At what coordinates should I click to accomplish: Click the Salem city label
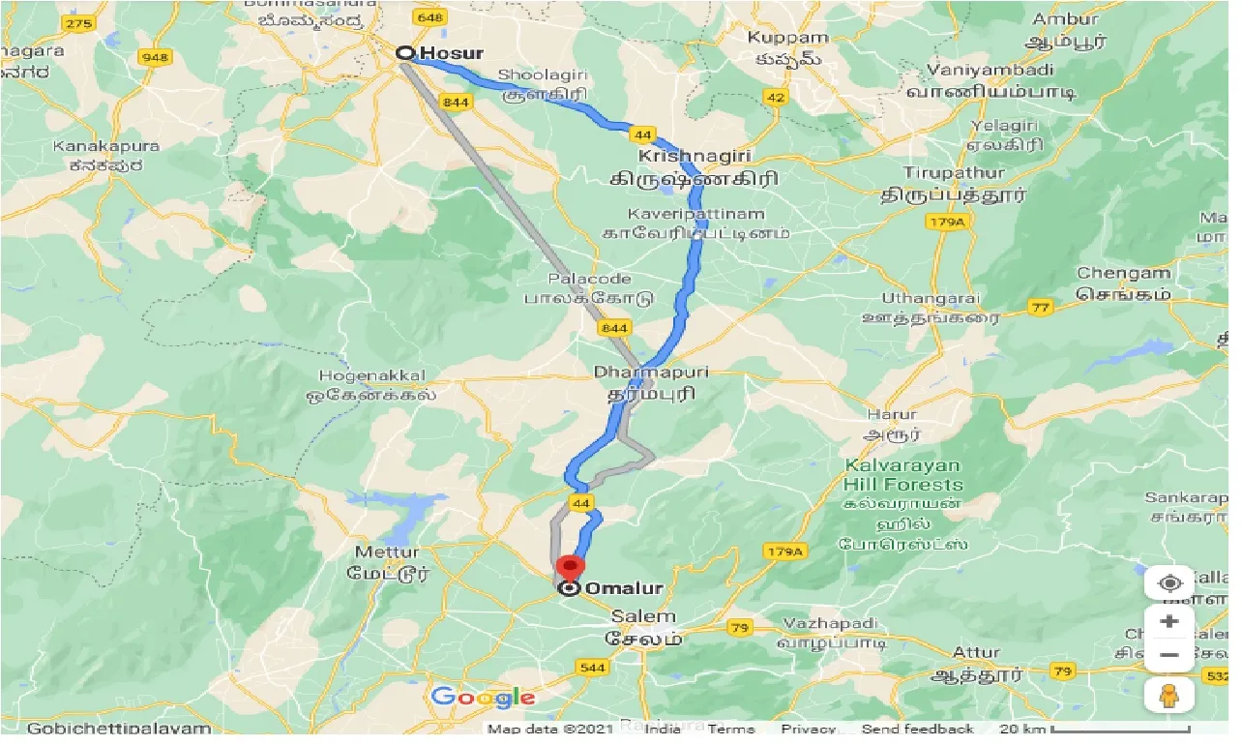(x=643, y=617)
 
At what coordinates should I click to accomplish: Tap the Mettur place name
(x=387, y=553)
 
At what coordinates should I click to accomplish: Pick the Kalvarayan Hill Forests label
(x=902, y=475)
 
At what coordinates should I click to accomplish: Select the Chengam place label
(x=1123, y=274)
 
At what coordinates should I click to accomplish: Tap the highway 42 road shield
(x=776, y=97)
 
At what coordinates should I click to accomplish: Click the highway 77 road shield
(x=1040, y=309)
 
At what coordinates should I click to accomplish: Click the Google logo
(x=483, y=697)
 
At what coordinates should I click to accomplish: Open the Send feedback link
(x=917, y=729)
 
